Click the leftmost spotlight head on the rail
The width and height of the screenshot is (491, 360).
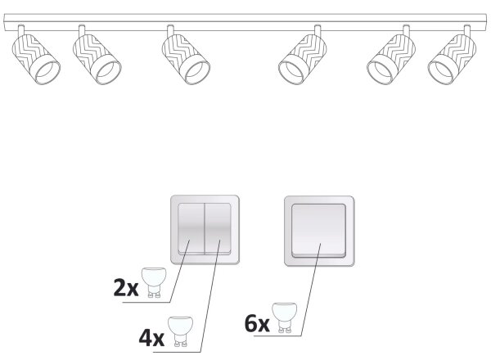(36, 59)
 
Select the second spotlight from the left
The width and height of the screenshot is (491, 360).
(97, 59)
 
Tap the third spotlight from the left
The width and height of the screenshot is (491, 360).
(186, 59)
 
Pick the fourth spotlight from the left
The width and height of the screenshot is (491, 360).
(303, 59)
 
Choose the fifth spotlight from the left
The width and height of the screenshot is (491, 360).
(392, 59)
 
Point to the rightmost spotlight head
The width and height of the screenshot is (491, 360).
(453, 59)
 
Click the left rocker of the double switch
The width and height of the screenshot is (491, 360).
(191, 228)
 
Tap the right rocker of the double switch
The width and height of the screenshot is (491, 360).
(218, 228)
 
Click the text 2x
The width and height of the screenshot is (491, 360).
(125, 288)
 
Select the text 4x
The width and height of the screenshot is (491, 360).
(151, 338)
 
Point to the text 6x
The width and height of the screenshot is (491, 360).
(257, 324)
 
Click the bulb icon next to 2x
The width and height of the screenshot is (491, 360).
(154, 282)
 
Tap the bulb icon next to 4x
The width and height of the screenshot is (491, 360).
(180, 331)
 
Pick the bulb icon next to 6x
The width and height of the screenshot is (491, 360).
(284, 317)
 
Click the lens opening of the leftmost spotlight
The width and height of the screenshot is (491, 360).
(47, 72)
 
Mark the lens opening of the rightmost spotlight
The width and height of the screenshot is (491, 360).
(440, 72)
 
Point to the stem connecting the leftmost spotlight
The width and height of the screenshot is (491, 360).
(21, 30)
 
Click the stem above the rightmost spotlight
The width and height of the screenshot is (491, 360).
(467, 30)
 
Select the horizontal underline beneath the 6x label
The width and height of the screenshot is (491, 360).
(277, 336)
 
